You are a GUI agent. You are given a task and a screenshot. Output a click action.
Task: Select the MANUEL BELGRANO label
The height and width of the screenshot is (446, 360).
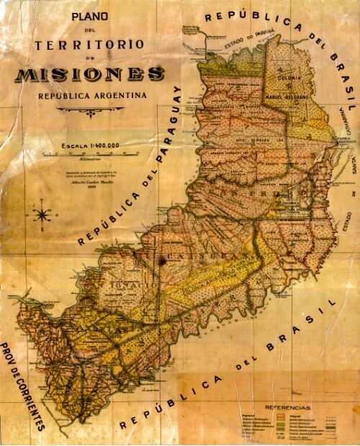pyautogui.click(x=293, y=94)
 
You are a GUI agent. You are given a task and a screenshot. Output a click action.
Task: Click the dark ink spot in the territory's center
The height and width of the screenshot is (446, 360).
pyautogui.click(x=163, y=263)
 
